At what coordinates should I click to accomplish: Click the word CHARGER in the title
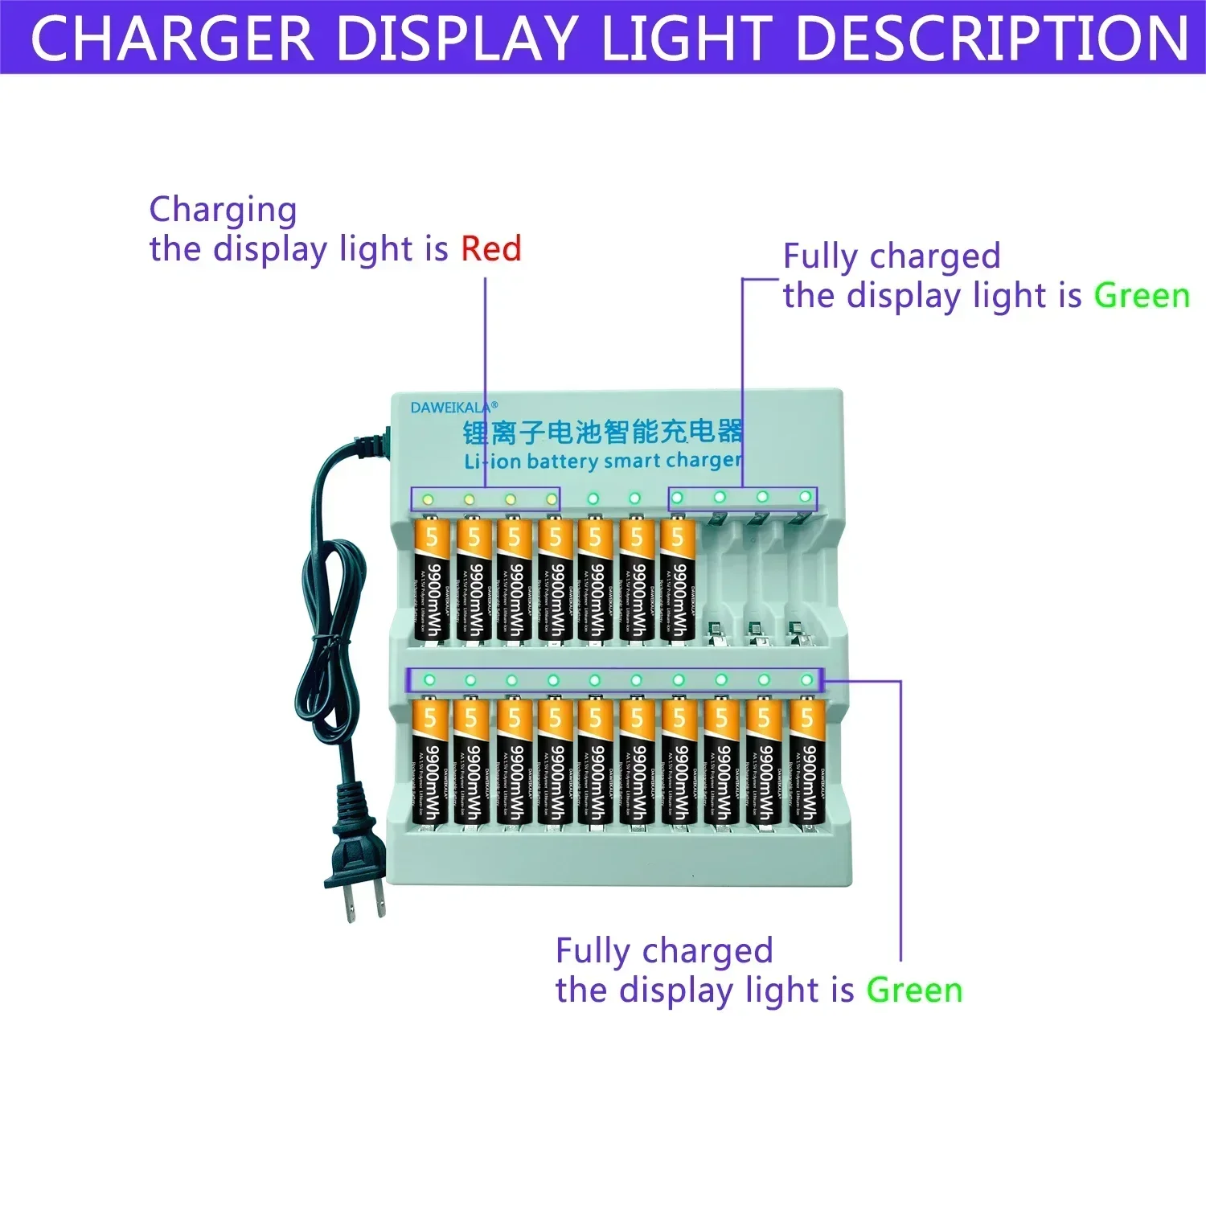(x=171, y=39)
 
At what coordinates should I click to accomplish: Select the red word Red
(x=490, y=248)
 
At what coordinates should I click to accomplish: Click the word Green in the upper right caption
(x=1141, y=296)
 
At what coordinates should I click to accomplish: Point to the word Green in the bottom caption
(x=914, y=990)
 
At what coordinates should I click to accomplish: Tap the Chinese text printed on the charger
(x=603, y=432)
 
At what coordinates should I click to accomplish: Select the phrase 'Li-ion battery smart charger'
(x=602, y=461)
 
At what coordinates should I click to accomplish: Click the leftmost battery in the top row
(x=431, y=580)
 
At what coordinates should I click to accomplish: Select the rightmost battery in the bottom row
(x=806, y=761)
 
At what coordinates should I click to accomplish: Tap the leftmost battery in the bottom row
(x=429, y=761)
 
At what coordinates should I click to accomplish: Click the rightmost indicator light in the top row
(x=805, y=497)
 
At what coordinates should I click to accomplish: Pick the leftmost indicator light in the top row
(x=428, y=499)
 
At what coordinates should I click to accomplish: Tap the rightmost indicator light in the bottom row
(x=806, y=680)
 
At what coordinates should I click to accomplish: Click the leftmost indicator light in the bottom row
(x=429, y=680)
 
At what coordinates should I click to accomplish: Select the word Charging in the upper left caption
(x=223, y=210)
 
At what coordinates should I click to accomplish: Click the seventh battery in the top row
(x=678, y=580)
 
